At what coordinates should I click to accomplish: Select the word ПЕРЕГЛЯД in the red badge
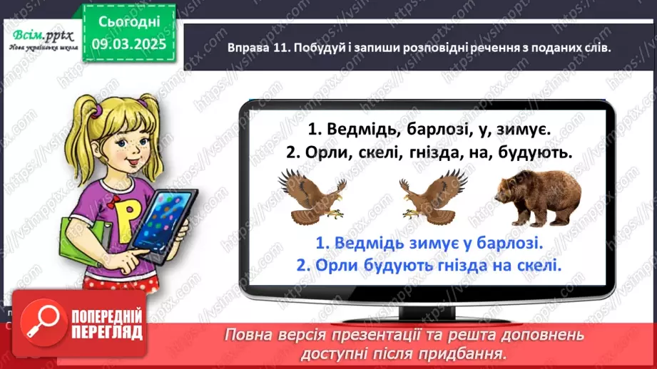coord(107,332)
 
